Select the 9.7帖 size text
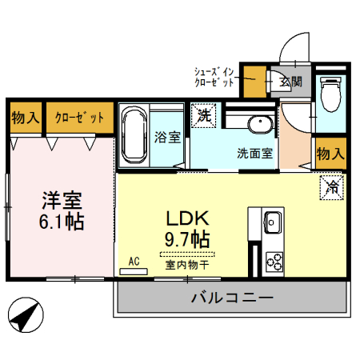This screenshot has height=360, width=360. coord(188,238)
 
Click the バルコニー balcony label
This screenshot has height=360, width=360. coord(232,298)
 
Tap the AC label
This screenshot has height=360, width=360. coord(134,261)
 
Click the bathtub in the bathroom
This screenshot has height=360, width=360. coord(134,136)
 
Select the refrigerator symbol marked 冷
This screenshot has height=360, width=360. coord(330,189)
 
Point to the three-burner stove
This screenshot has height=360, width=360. coord(274,261)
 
